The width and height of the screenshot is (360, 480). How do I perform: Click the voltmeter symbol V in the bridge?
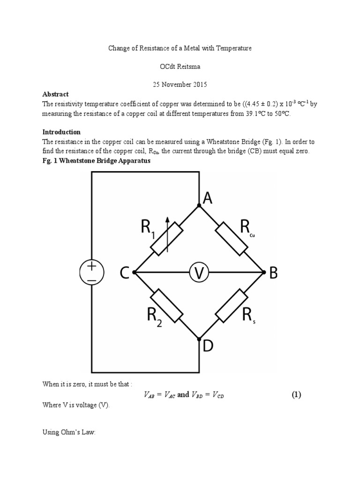tap(199, 272)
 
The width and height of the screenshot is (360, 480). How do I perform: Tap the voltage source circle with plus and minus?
tap(92, 272)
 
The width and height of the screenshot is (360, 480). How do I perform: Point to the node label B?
tap(273, 273)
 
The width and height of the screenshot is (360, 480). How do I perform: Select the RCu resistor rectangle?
tap(231, 239)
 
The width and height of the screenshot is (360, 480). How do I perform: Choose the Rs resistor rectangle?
tap(231, 306)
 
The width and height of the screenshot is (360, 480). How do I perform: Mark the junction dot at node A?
tap(199, 205)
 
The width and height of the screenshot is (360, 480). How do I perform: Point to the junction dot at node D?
tap(199, 338)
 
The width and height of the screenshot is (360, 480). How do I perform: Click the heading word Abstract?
tap(55, 94)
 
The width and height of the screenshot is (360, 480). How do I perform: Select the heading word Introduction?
tap(61, 132)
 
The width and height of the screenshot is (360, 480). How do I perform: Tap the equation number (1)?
tap(295, 395)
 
